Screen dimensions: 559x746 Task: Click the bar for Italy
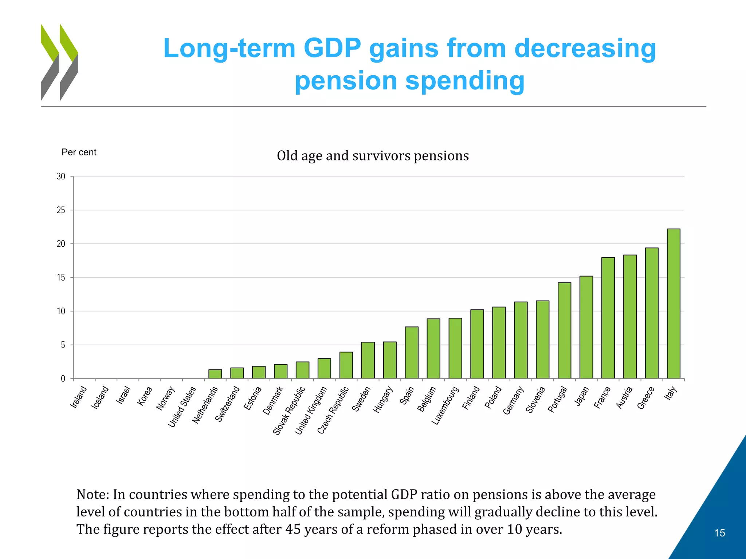674,304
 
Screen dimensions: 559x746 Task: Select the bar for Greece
652,313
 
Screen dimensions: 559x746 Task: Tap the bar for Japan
586,327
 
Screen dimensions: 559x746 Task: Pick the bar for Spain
412,353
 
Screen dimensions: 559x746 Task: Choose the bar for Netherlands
215,374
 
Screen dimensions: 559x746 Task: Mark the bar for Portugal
564,330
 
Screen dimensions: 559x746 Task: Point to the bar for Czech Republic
346,365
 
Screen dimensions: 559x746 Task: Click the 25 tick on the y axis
61,210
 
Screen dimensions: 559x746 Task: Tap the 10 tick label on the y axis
61,312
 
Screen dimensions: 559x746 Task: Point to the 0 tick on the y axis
63,379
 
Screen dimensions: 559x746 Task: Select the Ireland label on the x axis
79,397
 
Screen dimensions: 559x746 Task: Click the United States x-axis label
182,407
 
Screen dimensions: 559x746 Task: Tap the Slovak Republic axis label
289,411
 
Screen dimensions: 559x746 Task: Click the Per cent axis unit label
79,152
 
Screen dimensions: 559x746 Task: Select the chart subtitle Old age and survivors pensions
373,156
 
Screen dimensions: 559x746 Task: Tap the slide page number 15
719,533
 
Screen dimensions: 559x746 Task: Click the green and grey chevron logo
59,62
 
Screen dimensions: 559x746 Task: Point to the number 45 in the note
293,529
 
